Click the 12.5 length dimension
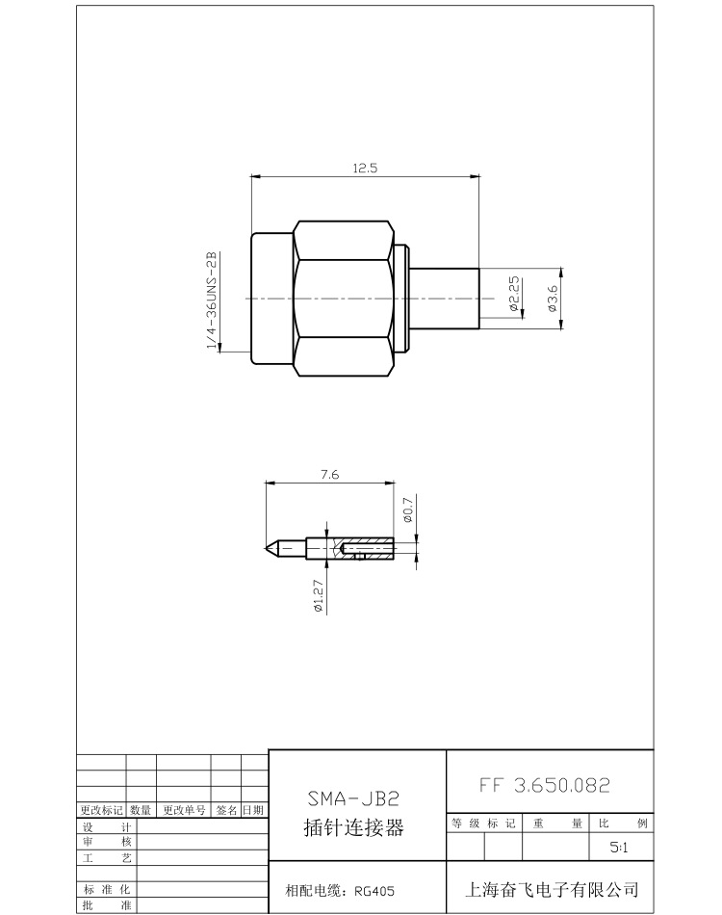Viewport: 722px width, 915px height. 365,168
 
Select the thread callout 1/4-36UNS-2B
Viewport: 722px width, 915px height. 211,300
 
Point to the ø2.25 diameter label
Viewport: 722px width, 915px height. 514,294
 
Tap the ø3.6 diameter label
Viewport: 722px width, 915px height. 552,299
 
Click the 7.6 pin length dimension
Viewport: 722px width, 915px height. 328,474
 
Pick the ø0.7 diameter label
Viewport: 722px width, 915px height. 407,510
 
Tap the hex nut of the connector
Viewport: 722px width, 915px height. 345,299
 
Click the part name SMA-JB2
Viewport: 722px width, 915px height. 352,798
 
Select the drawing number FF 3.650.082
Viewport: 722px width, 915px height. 544,785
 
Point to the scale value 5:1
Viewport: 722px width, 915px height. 620,849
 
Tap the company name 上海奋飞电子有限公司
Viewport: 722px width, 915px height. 552,889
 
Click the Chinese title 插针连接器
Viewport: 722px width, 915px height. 353,827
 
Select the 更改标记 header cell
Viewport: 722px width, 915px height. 101,810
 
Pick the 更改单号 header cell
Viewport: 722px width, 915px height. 183,810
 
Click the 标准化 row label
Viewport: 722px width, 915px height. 107,888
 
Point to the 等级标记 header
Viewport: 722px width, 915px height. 483,823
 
